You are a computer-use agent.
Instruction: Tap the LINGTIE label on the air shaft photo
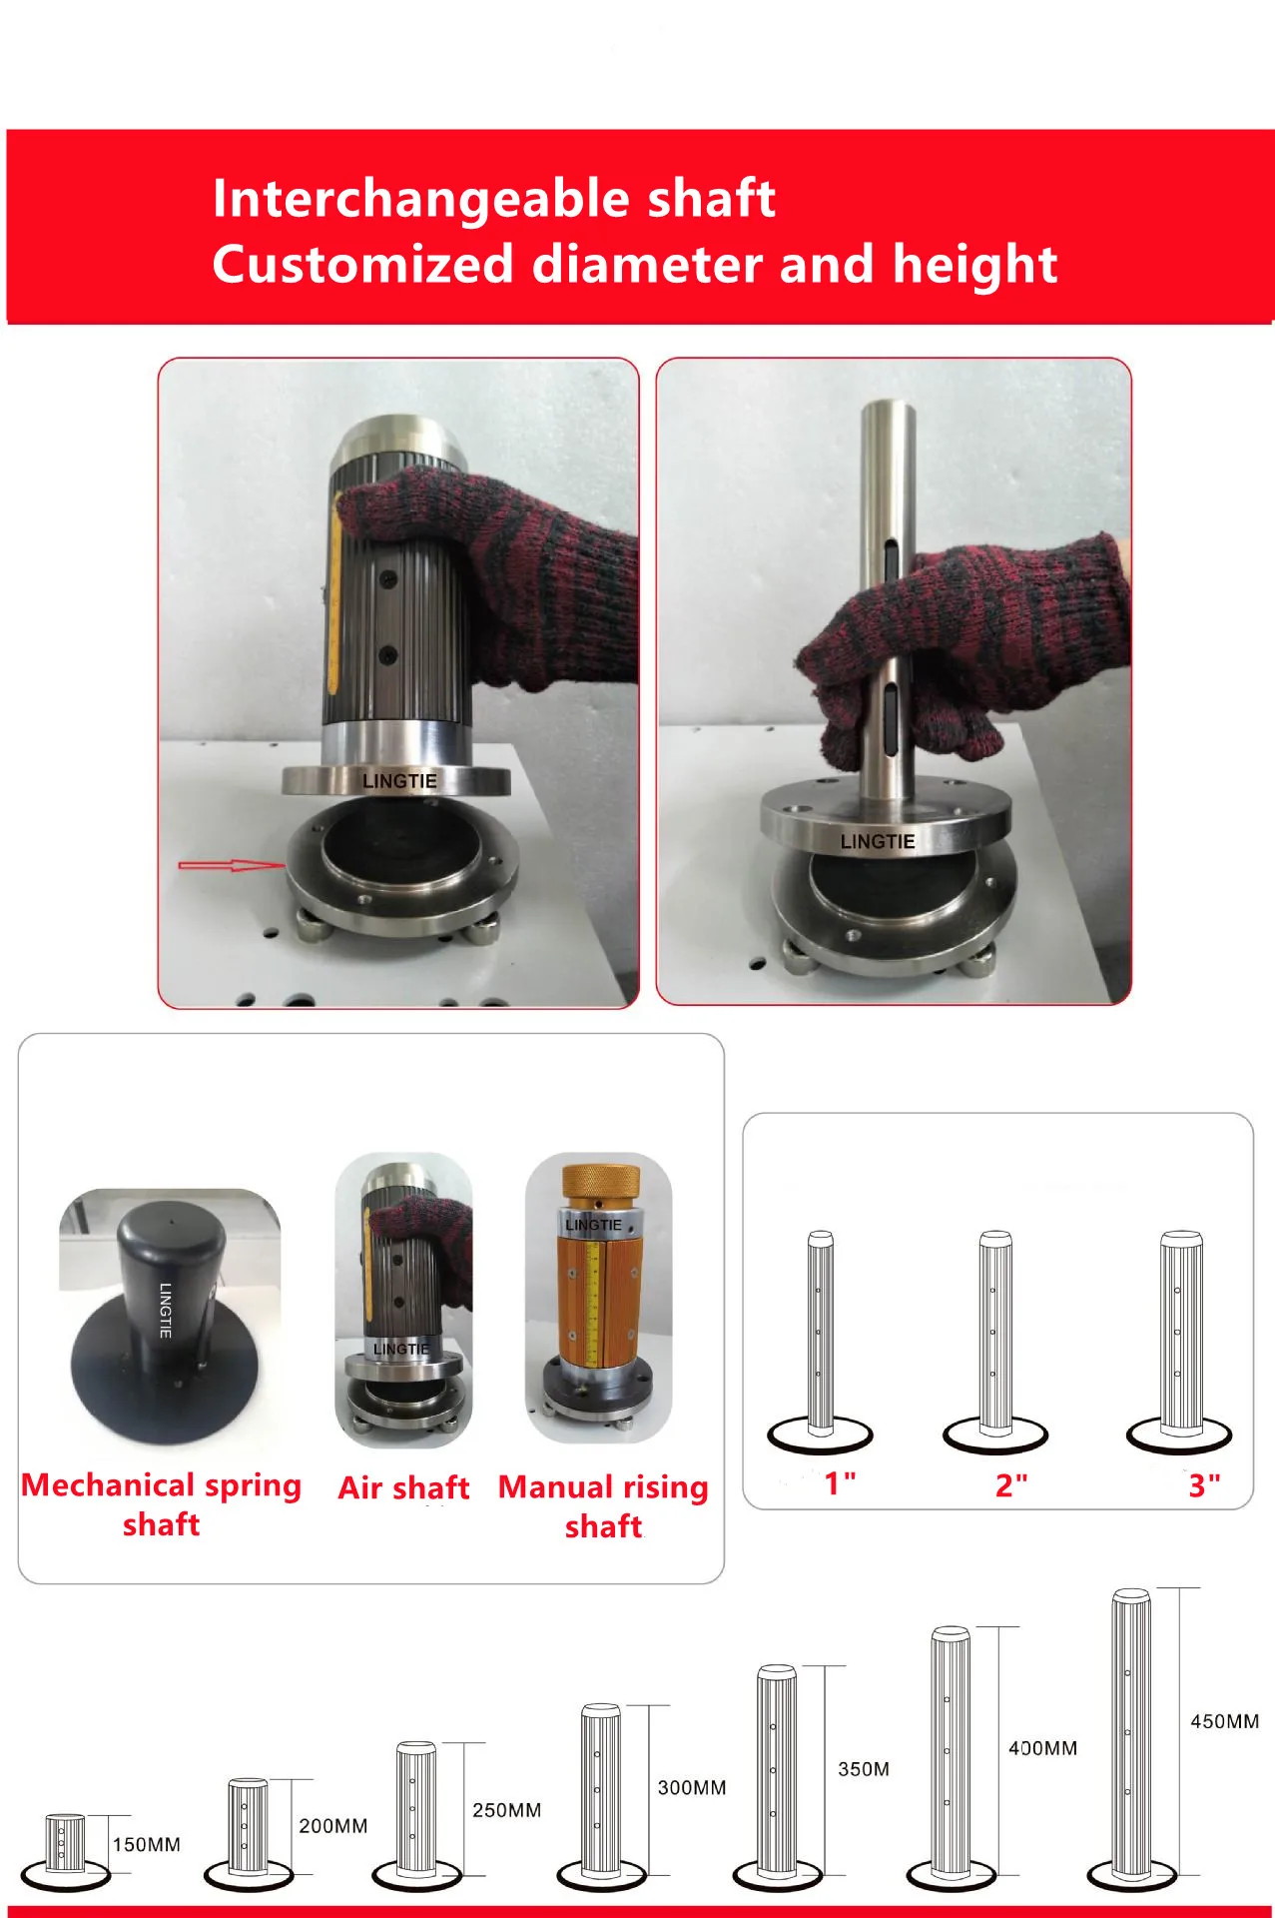399,781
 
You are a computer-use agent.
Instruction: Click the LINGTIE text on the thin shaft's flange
877,842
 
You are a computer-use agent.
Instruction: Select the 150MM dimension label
146,1844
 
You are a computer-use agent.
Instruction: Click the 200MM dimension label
332,1826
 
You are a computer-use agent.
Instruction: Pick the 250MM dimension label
506,1810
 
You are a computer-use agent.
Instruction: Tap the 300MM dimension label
691,1787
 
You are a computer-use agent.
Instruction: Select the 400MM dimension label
1042,1748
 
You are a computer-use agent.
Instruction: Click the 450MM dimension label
1224,1721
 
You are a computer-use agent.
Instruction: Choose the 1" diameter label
840,1483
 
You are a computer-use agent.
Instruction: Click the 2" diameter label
1010,1485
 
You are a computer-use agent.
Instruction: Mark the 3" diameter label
1204,1485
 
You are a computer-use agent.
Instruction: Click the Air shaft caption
403,1487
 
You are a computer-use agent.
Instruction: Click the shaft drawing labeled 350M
777,1773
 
